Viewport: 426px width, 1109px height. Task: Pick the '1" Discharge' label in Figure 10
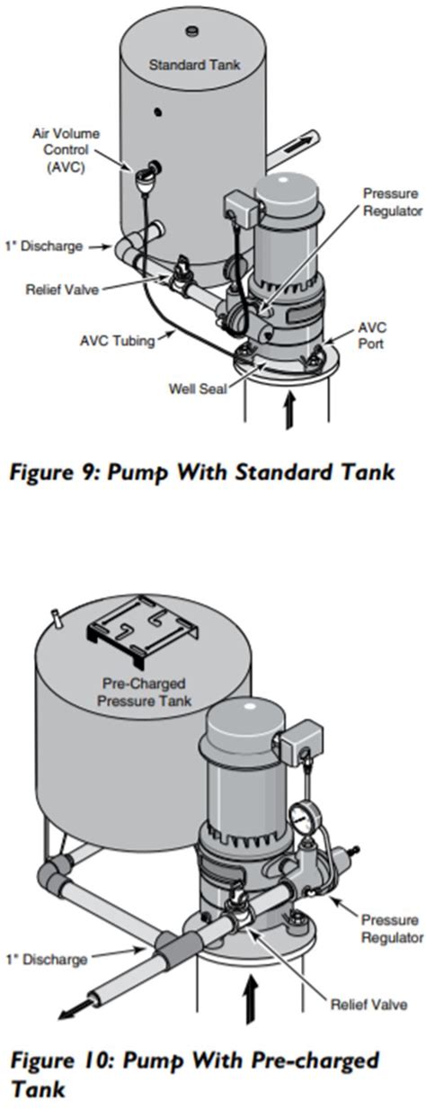coord(48,959)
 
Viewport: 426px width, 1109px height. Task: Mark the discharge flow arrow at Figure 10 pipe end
coord(73,1010)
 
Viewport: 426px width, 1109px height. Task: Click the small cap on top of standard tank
coord(191,32)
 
